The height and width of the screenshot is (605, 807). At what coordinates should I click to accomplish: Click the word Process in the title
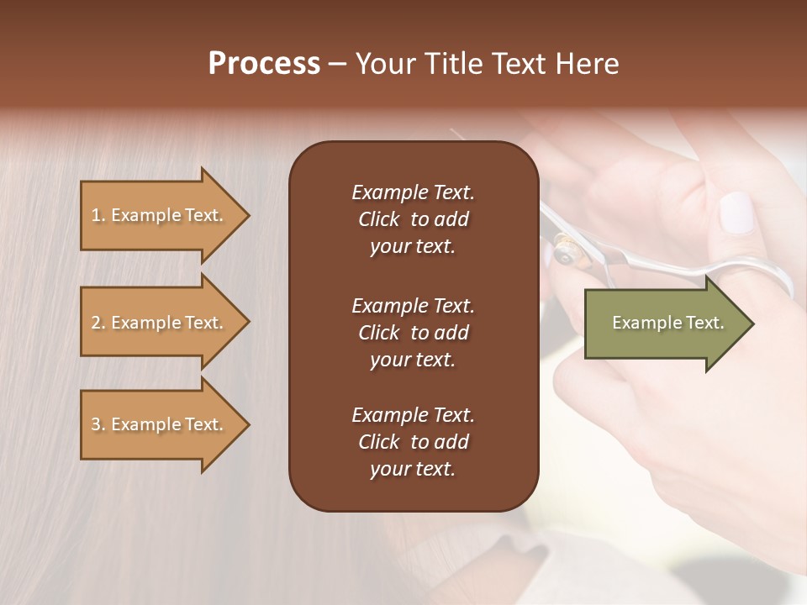(264, 64)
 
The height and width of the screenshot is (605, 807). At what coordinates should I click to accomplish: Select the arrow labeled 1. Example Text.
(160, 215)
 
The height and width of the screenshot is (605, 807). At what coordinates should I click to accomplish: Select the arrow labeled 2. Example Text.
(160, 323)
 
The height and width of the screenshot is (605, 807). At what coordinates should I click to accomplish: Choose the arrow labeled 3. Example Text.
(160, 424)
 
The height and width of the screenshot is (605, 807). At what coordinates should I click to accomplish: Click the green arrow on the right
(664, 324)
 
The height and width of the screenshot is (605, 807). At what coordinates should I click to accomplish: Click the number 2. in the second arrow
(98, 323)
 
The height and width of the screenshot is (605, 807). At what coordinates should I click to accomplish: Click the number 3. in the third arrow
(98, 424)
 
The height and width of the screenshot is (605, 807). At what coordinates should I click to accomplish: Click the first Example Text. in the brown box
(413, 192)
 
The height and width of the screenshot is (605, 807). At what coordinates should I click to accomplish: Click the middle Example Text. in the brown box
(413, 305)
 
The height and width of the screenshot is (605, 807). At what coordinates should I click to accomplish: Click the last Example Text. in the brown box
(413, 415)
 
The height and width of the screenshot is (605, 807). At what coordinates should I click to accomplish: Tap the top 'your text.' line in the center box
(413, 247)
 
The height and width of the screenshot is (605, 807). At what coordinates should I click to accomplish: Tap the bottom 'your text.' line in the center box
(413, 469)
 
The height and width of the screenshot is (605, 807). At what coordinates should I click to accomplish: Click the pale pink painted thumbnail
(737, 212)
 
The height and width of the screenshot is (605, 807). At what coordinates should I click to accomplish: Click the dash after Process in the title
(337, 65)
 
